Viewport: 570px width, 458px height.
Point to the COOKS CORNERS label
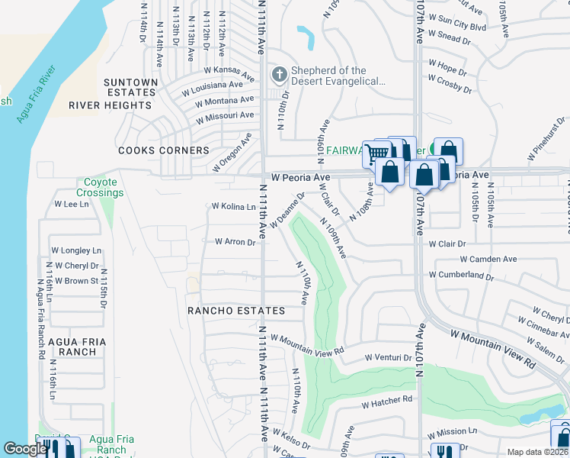pyautogui.click(x=163, y=150)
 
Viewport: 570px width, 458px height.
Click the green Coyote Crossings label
pyautogui.click(x=100, y=188)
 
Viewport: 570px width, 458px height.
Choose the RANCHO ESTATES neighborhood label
pyautogui.click(x=236, y=311)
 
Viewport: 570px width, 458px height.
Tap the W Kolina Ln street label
pyautogui.click(x=233, y=207)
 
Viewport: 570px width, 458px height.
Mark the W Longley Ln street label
pyautogui.click(x=76, y=250)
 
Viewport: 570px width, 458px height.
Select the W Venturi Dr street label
pyautogui.click(x=389, y=357)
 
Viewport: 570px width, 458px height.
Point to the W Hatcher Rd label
pyautogui.click(x=386, y=399)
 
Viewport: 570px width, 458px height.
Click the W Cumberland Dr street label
pyautogui.click(x=467, y=275)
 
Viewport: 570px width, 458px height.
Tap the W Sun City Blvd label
pyautogui.click(x=457, y=26)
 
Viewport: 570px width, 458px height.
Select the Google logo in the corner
pyautogui.click(x=24, y=450)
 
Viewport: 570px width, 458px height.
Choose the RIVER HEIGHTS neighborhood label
pyautogui.click(x=110, y=105)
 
